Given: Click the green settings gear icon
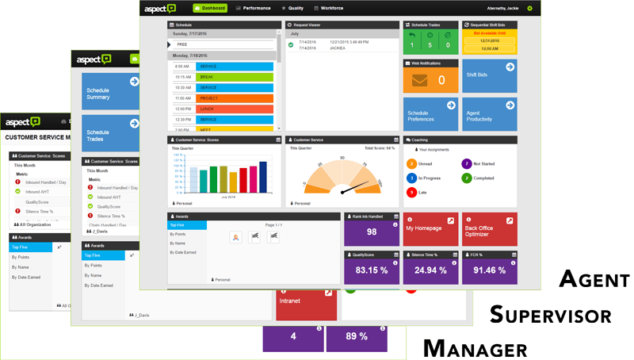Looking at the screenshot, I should [x=530, y=8].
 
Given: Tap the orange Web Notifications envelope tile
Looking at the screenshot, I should [x=430, y=80].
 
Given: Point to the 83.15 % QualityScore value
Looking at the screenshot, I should [x=372, y=270].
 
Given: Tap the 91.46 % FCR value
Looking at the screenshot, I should [x=489, y=270].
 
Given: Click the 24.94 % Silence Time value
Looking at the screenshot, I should [x=430, y=270].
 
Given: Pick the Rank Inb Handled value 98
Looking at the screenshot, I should [x=372, y=232].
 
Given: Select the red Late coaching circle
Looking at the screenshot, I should [x=411, y=192].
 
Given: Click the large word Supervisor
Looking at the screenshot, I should [x=550, y=315].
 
